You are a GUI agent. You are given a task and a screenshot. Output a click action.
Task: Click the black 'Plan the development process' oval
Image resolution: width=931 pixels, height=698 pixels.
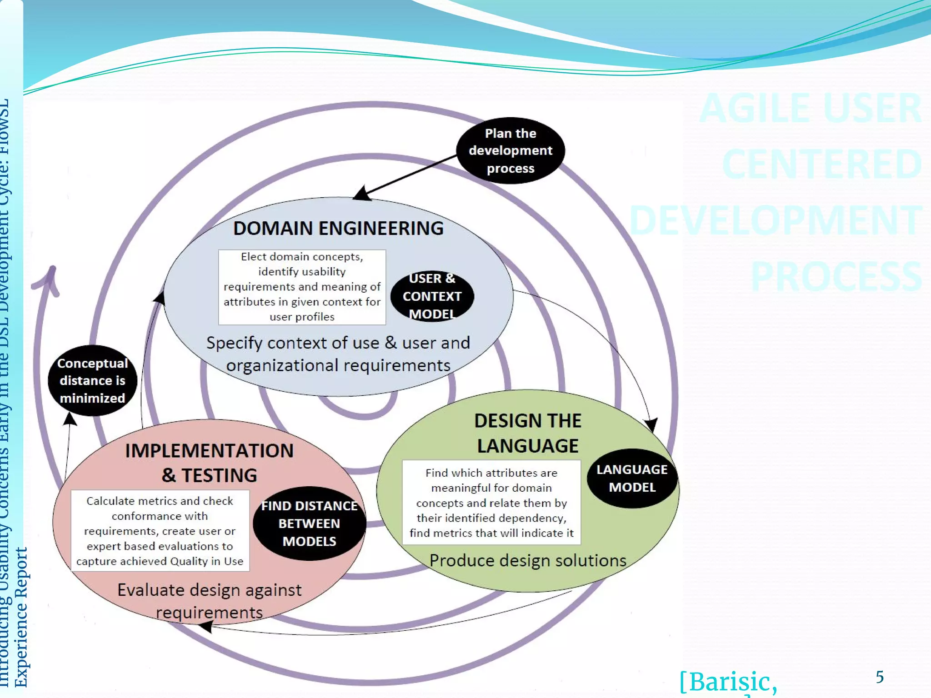click(x=510, y=150)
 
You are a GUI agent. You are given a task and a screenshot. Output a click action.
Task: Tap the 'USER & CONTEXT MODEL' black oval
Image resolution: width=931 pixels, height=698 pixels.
click(x=432, y=296)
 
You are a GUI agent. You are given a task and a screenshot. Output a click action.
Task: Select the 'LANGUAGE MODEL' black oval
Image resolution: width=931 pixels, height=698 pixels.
click(x=632, y=478)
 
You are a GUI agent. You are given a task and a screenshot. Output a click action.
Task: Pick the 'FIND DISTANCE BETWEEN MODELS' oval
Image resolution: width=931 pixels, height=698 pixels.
click(x=309, y=523)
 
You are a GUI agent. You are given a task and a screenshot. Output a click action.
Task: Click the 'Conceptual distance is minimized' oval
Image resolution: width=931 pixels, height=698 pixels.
click(x=92, y=381)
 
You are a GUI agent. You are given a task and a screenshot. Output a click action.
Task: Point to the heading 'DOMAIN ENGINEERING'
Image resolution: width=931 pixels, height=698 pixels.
click(x=338, y=228)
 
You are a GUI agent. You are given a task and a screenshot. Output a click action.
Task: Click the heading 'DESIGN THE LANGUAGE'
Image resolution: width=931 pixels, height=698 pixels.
click(x=527, y=433)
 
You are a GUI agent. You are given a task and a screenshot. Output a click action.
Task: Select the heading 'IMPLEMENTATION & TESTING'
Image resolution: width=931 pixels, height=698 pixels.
click(x=209, y=463)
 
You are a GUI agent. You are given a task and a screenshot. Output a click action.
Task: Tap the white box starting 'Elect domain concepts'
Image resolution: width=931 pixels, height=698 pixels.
click(x=302, y=287)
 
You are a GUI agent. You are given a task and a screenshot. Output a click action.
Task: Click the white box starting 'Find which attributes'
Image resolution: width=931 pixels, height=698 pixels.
click(x=491, y=503)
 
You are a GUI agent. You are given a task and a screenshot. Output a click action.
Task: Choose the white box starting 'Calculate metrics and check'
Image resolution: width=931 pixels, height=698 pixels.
click(x=160, y=531)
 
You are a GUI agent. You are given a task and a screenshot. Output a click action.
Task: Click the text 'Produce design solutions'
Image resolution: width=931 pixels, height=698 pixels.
click(x=528, y=560)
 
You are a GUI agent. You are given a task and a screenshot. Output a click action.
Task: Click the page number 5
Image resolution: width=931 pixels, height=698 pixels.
click(x=880, y=677)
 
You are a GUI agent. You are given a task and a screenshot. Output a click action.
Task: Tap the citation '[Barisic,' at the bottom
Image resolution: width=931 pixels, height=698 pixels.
click(x=728, y=682)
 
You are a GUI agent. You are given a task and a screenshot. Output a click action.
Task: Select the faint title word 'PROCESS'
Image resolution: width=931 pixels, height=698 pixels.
click(x=836, y=276)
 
